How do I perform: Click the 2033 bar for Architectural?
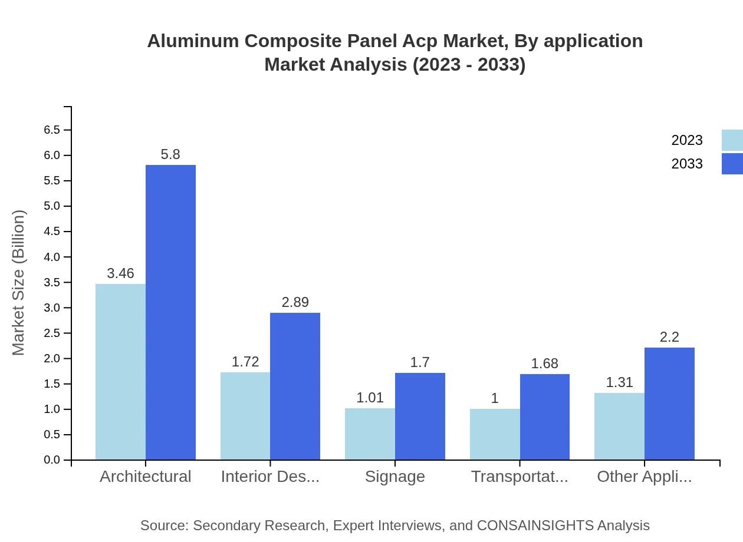[x=170, y=312]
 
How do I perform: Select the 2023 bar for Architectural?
[x=120, y=372]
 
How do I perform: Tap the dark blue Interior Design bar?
[x=295, y=386]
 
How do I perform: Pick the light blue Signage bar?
[x=370, y=434]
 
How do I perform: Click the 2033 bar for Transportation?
[x=545, y=417]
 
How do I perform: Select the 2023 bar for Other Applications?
[x=619, y=426]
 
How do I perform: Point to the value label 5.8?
[x=170, y=154]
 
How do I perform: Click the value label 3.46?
[x=120, y=273]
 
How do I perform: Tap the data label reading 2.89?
[x=295, y=302]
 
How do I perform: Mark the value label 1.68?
[x=544, y=363]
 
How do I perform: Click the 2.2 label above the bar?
[x=669, y=337]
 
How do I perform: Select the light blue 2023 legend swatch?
[x=732, y=140]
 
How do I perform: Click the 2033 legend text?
[x=687, y=164]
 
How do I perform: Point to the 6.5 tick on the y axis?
[x=52, y=130]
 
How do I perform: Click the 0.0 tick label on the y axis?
[x=52, y=460]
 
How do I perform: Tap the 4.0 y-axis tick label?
[x=52, y=257]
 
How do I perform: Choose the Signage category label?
[x=394, y=477]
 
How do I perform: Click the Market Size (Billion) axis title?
[x=19, y=283]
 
